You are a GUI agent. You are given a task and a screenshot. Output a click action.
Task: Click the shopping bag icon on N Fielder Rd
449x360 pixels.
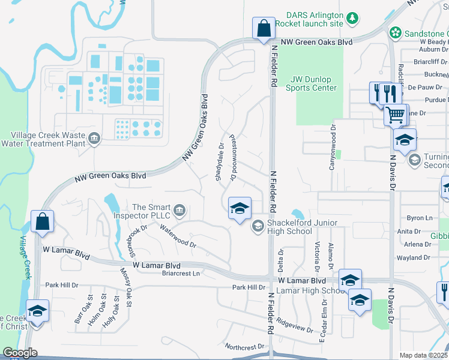coord(264,28)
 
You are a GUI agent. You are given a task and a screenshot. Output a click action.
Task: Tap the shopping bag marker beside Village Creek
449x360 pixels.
coord(43,221)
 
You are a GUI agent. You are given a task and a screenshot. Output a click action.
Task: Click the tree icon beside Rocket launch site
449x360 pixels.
coord(353,19)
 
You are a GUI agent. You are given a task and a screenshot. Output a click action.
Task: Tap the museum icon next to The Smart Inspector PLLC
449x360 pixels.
coord(179,211)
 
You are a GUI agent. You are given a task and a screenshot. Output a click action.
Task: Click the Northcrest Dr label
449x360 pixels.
coord(244,346)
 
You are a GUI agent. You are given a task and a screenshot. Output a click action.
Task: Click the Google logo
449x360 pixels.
coord(20,353)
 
